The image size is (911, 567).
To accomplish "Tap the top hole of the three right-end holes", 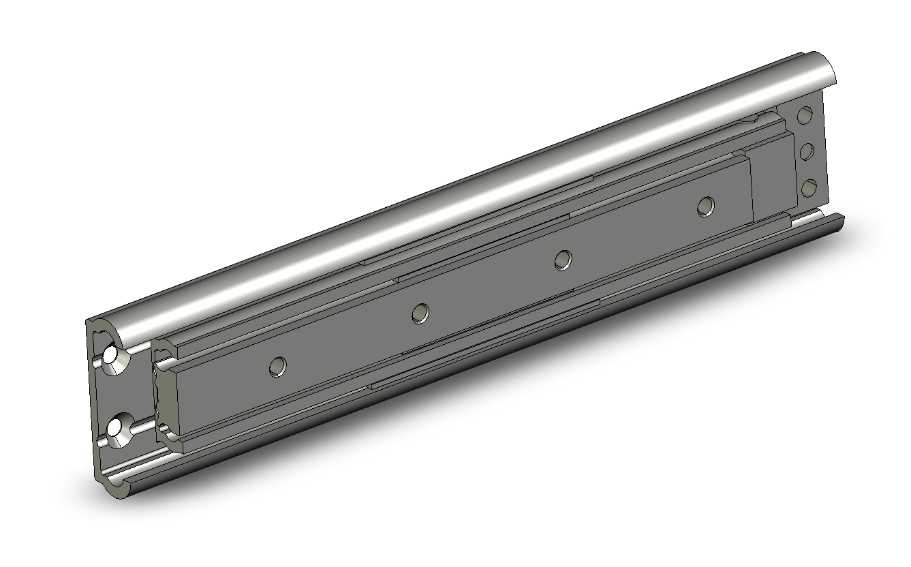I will (x=805, y=115).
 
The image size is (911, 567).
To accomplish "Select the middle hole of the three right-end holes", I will (x=807, y=151).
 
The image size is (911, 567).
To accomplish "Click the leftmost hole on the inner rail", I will (x=277, y=366).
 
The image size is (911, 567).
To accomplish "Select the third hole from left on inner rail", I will (x=562, y=259).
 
